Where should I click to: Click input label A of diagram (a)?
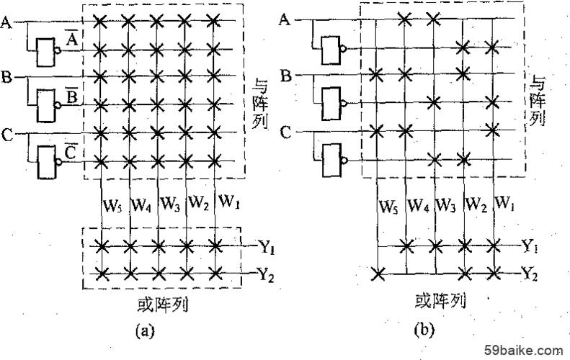click(x=6, y=22)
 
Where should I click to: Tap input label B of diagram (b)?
click(x=287, y=76)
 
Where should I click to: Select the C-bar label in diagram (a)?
click(x=70, y=153)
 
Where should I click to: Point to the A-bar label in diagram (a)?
click(x=71, y=39)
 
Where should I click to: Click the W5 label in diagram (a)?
click(x=112, y=206)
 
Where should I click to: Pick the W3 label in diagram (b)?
click(x=445, y=205)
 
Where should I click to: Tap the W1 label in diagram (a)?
click(x=228, y=202)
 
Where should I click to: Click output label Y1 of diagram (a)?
click(x=267, y=248)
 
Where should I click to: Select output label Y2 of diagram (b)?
click(x=529, y=274)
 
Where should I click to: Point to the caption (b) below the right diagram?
click(x=424, y=330)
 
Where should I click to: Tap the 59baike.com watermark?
click(x=524, y=350)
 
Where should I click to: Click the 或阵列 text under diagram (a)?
click(x=163, y=305)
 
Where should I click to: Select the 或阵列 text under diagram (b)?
click(x=440, y=301)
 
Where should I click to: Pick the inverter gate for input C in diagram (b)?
click(x=334, y=160)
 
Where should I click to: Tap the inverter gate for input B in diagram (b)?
click(x=334, y=104)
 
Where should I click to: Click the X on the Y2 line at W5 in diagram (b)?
click(x=378, y=274)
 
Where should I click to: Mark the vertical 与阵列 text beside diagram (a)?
click(x=260, y=105)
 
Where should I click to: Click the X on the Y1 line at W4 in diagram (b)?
click(x=406, y=246)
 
